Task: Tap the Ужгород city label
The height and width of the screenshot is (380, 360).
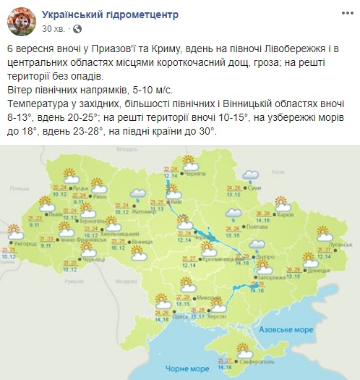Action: click(25, 244)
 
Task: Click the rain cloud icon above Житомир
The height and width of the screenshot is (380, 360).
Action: click(137, 193)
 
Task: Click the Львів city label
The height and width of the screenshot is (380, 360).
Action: click(56, 214)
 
